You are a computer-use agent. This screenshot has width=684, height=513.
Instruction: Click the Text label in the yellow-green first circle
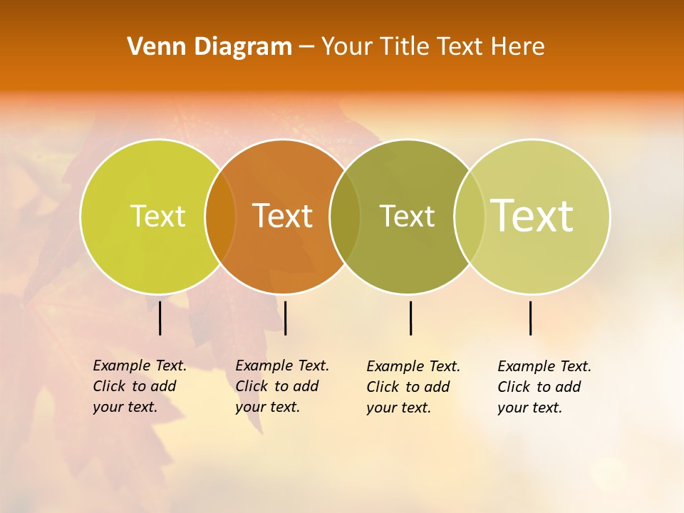coord(157,216)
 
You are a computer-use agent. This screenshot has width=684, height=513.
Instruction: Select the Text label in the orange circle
coord(283,216)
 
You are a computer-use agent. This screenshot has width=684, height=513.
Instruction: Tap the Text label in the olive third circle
coord(407,216)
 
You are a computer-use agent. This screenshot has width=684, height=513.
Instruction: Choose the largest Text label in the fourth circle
coord(532,215)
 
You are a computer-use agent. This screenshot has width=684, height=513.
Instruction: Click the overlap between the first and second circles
coord(220,217)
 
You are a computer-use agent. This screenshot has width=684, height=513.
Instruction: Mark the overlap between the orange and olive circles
coord(345,217)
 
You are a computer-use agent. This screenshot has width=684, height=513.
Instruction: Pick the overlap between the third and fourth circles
coord(470,217)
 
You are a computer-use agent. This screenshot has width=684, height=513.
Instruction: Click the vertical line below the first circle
coord(160,318)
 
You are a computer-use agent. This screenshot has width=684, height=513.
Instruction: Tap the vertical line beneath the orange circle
coord(285,318)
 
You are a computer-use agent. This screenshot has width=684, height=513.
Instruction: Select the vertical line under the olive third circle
coord(410,318)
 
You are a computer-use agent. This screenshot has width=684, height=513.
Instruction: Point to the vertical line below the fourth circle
coord(531,318)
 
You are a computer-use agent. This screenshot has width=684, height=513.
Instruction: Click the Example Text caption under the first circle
coord(139,386)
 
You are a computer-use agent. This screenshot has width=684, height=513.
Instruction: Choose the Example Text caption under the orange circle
coord(281,386)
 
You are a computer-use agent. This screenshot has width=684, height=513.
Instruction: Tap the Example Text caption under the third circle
coord(413,387)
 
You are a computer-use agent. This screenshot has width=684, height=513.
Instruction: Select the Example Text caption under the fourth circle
coord(544,387)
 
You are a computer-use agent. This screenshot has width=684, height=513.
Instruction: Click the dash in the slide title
coord(306,48)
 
